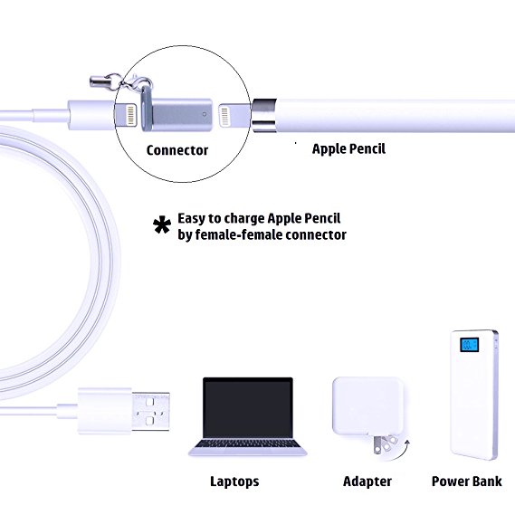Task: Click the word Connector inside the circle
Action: (177, 150)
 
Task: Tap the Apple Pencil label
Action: (348, 148)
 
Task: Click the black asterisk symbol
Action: (162, 225)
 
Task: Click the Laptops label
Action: (234, 482)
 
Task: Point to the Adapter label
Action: (367, 482)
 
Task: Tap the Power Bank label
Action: (467, 482)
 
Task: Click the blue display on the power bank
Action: (469, 345)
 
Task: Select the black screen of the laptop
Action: (248, 407)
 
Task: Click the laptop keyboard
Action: (248, 444)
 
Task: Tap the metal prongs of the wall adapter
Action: (384, 443)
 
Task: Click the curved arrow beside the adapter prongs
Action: (398, 452)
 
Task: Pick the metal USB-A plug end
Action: (151, 411)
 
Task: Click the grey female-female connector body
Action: (177, 114)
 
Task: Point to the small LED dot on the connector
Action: (205, 114)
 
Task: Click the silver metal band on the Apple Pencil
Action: (263, 115)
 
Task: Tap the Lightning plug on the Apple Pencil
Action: (234, 115)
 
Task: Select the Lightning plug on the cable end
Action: (126, 114)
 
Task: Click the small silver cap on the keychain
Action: (98, 81)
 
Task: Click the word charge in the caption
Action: (244, 219)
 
